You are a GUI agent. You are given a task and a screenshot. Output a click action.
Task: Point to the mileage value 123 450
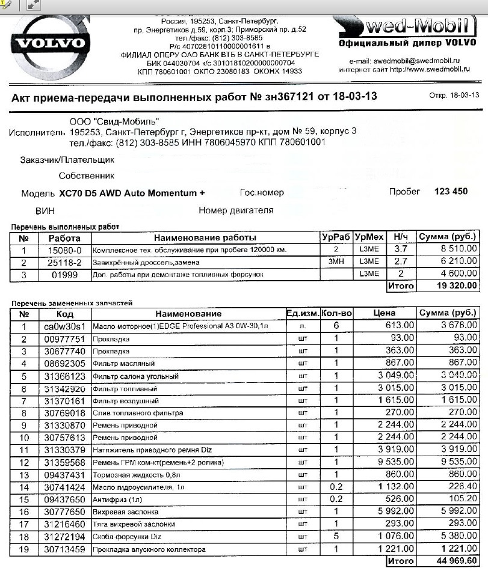point(450,192)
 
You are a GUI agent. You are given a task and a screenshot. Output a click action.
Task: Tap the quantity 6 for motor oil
point(336,326)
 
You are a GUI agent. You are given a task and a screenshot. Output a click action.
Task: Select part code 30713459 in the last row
point(65,549)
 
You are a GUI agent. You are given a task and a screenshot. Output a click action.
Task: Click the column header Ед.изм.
point(301,313)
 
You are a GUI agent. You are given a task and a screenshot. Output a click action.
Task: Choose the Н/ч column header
point(400,237)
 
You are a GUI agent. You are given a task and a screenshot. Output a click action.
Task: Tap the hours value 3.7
point(400,249)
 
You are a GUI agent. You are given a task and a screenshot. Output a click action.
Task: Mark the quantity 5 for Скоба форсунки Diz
point(336,537)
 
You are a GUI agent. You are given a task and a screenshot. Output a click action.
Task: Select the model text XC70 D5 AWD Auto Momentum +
point(132,193)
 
